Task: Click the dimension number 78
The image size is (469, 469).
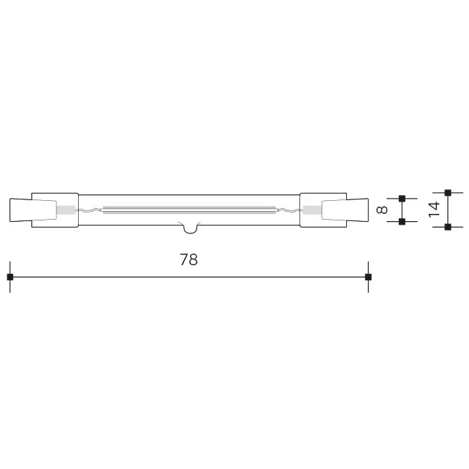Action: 189,260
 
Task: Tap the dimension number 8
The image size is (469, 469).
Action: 383,210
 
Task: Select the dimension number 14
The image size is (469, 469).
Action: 434,210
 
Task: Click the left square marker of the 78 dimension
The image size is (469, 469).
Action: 9,277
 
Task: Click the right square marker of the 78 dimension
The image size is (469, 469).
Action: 368,277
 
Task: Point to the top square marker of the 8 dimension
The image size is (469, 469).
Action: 403,197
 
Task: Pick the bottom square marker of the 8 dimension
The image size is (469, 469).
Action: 403,222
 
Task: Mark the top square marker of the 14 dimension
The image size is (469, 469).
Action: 448,192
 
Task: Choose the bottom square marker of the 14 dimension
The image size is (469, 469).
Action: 448,227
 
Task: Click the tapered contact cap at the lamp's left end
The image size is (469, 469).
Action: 20,210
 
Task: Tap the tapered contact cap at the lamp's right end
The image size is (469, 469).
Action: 357,210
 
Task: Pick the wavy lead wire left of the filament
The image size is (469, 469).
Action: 90,210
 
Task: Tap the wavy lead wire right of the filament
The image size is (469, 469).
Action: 288,210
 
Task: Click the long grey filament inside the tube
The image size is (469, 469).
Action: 189,210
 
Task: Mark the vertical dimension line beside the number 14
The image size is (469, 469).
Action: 448,210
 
